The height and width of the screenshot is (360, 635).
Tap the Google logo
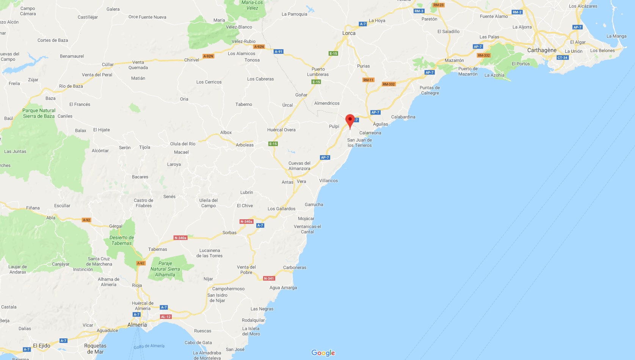(323, 353)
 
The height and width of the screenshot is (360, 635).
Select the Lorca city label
(349, 33)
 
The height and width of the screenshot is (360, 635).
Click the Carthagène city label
(542, 50)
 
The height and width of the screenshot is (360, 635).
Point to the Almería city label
(137, 325)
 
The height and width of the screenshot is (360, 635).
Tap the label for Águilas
(380, 124)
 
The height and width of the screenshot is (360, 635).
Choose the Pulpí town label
(334, 126)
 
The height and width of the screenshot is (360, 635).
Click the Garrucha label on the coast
(314, 204)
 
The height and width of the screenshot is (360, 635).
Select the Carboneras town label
(295, 267)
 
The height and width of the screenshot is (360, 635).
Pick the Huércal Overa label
(281, 130)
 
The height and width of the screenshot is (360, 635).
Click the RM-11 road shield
(368, 80)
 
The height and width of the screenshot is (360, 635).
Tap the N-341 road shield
(269, 278)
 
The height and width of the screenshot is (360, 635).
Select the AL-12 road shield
(166, 317)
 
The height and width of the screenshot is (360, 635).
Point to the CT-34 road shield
(563, 58)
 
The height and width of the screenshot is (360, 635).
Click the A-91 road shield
(279, 52)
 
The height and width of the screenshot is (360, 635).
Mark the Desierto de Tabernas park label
(122, 241)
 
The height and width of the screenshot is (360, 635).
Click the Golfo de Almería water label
(149, 346)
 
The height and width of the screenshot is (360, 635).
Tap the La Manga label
(616, 36)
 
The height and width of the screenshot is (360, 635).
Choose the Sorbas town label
(229, 233)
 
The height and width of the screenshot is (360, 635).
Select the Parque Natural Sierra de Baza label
(39, 113)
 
